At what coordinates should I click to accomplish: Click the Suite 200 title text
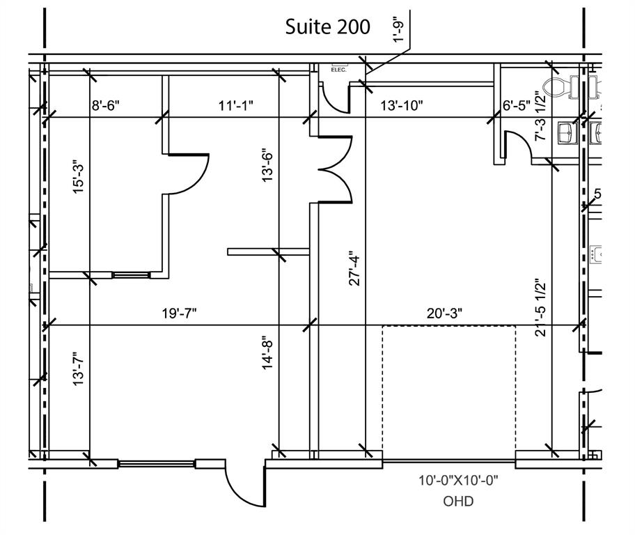point(328,26)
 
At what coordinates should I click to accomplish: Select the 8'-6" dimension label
point(106,106)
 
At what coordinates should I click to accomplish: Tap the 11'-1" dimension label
point(235,106)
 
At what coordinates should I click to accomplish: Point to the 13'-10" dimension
point(402,106)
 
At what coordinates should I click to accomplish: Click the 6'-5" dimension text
point(517,106)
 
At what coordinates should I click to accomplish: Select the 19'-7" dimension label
point(180,313)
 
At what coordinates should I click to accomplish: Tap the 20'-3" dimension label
point(444,313)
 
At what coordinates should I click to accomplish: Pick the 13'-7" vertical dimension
point(80,369)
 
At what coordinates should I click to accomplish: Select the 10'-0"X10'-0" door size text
point(458,481)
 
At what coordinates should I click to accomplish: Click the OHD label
point(458,501)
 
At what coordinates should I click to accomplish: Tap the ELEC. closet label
point(338,70)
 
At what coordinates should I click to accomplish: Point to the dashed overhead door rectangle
point(449,390)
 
